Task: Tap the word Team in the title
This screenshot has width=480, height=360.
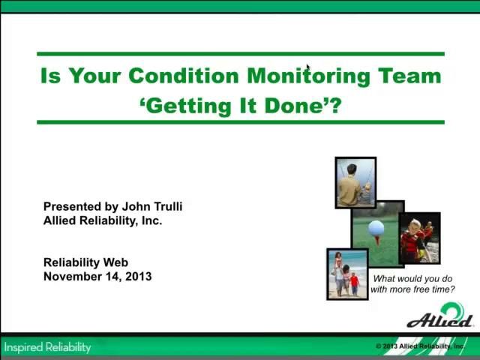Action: [409, 76]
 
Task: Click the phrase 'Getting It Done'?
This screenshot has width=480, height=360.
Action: [240, 105]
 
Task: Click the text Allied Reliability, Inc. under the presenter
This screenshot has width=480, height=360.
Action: [103, 220]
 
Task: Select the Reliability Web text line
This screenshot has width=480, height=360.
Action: [85, 262]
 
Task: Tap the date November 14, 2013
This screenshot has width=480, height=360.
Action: [97, 276]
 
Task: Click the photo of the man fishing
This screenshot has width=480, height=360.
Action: [355, 182]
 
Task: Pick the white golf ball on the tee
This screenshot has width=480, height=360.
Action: [376, 227]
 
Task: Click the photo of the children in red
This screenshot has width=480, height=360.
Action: [419, 238]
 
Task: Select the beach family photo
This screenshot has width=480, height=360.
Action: [347, 274]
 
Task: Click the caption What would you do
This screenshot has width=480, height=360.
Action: [412, 279]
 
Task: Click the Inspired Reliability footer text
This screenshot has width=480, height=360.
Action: [47, 347]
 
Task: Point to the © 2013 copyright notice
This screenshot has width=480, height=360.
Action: [420, 346]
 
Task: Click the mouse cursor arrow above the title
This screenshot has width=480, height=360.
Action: [307, 67]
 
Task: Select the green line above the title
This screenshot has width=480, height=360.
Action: [240, 54]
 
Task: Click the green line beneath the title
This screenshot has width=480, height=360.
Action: [240, 121]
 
